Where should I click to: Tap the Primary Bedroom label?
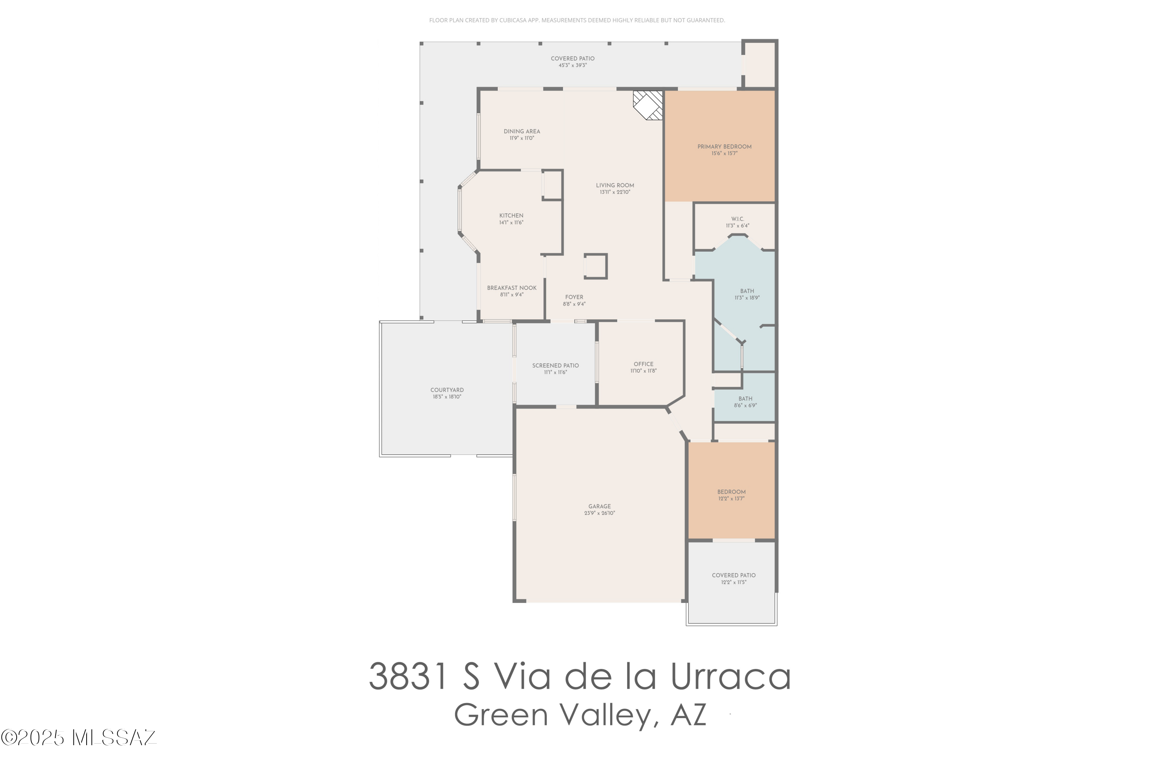pyautogui.click(x=724, y=146)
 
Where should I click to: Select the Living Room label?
pyautogui.click(x=615, y=186)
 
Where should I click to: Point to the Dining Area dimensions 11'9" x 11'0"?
pyautogui.click(x=522, y=138)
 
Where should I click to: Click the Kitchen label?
pyautogui.click(x=511, y=215)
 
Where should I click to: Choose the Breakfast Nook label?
pyautogui.click(x=512, y=288)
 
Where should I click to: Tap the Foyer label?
pyautogui.click(x=574, y=297)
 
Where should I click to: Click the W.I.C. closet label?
pyautogui.click(x=737, y=219)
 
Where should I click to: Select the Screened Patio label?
pyautogui.click(x=556, y=365)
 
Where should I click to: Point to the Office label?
pyautogui.click(x=643, y=364)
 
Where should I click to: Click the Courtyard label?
pyautogui.click(x=447, y=390)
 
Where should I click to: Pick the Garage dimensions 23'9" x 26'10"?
pyautogui.click(x=599, y=513)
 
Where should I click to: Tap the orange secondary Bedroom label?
pyautogui.click(x=731, y=492)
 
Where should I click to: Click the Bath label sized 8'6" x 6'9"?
pyautogui.click(x=745, y=399)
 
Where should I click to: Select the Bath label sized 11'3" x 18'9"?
pyautogui.click(x=747, y=291)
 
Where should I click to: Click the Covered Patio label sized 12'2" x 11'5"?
pyautogui.click(x=734, y=575)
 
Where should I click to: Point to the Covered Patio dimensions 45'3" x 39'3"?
pyautogui.click(x=572, y=65)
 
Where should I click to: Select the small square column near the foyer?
pyautogui.click(x=596, y=266)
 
